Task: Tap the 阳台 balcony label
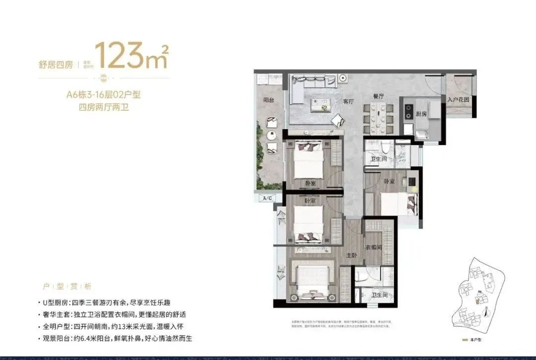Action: (x=268, y=100)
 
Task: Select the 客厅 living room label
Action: (x=348, y=101)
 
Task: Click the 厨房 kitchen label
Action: (x=421, y=114)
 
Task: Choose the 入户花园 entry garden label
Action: (x=458, y=99)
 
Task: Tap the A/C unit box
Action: (x=267, y=198)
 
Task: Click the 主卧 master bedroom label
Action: (x=351, y=255)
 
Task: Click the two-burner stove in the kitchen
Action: (x=408, y=112)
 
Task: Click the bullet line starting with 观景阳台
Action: (x=114, y=339)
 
